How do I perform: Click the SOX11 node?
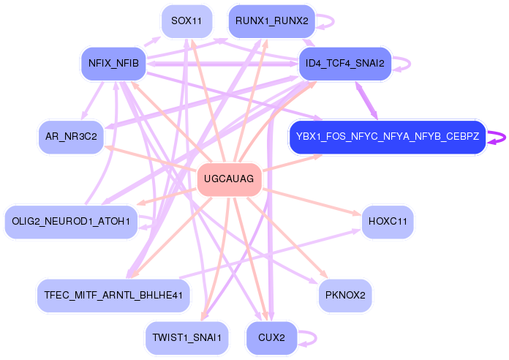[186, 20]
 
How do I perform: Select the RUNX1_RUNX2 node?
[271, 21]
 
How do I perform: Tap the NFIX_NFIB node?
[113, 64]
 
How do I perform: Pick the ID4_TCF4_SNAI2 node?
[345, 64]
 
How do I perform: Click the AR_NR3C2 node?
[71, 137]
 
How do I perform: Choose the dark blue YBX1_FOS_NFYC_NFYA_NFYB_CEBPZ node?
[387, 137]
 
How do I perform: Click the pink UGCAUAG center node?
[229, 179]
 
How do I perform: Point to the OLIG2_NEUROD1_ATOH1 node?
[71, 221]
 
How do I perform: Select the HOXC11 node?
[387, 221]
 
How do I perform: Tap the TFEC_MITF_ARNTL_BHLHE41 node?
[113, 295]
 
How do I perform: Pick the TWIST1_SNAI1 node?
[186, 338]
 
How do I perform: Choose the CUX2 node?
[271, 338]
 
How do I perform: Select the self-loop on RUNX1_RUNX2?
[332, 21]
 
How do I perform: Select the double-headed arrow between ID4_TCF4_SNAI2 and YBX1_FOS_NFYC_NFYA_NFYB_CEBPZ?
[366, 100]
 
